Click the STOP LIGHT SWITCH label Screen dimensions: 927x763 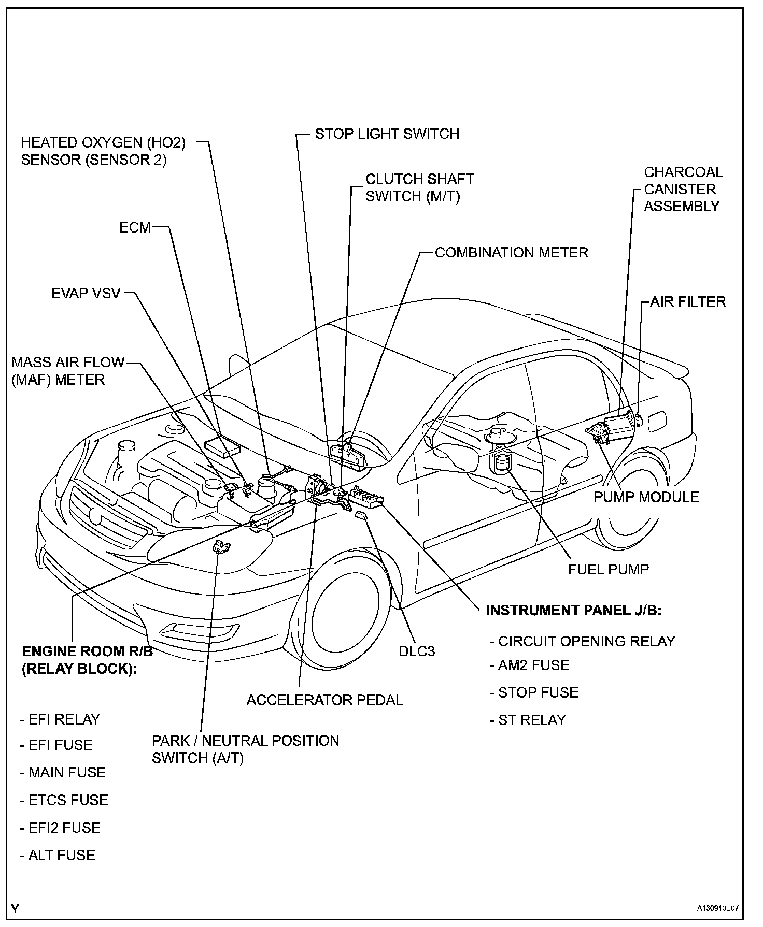[x=387, y=134]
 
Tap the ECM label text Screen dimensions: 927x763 [x=135, y=227]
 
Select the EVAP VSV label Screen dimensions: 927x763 [x=86, y=294]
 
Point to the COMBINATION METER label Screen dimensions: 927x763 [x=511, y=253]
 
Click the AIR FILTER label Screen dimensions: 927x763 [x=688, y=302]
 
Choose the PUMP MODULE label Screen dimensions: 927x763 [x=646, y=497]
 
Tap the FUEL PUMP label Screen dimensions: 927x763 [x=608, y=570]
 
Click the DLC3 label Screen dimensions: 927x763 [x=416, y=651]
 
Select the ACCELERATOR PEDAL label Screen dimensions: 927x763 [x=324, y=700]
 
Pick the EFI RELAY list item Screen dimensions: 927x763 [x=60, y=719]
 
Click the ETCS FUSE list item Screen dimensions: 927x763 [x=64, y=800]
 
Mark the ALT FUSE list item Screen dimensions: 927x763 [x=58, y=855]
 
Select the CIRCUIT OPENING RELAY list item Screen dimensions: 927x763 [x=583, y=641]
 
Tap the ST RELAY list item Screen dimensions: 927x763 [x=528, y=720]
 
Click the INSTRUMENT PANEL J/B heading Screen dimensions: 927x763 [x=573, y=611]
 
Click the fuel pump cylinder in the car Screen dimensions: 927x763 [x=501, y=462]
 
